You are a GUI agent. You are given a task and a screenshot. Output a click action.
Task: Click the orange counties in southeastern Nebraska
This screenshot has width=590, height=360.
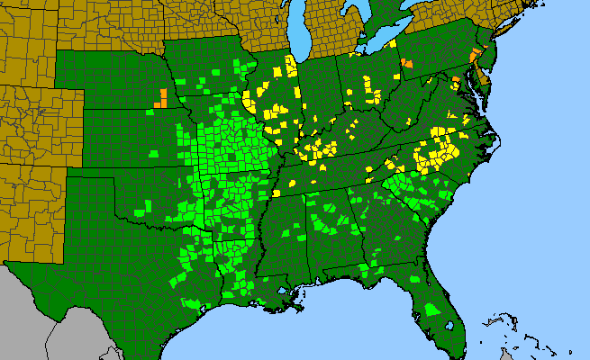click(160, 98)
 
